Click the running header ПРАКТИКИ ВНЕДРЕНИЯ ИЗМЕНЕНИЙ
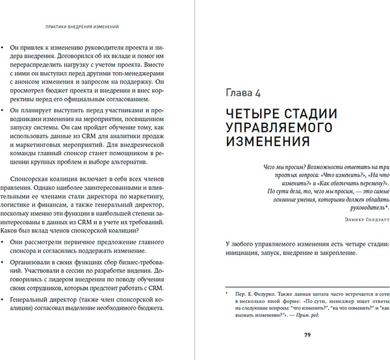pos(80,27)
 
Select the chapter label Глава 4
pos(243,90)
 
